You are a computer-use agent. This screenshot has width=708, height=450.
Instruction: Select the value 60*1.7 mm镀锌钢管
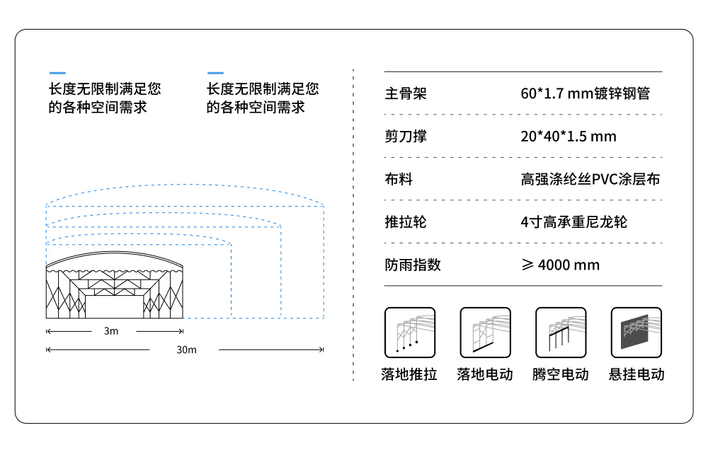(585, 93)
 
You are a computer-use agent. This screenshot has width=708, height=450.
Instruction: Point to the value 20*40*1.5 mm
(568, 137)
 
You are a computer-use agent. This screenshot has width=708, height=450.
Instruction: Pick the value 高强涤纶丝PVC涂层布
(590, 180)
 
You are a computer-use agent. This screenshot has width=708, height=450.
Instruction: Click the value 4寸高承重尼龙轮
(573, 222)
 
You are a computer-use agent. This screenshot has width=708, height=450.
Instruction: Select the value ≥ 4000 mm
(560, 265)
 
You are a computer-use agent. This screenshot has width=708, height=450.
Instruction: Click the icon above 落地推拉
(410, 333)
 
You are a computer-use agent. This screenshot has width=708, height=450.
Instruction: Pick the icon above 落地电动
(485, 333)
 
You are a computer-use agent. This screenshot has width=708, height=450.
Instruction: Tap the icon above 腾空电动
(561, 333)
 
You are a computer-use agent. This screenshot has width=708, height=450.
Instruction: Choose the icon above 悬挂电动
(636, 333)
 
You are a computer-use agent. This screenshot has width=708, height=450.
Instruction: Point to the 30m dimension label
(186, 350)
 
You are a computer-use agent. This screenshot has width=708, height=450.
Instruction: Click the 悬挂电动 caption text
(636, 374)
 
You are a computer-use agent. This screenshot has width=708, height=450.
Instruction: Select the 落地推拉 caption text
(410, 374)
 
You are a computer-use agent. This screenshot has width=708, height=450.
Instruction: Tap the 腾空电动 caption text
(561, 374)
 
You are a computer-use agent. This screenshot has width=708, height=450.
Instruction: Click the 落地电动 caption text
(485, 374)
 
